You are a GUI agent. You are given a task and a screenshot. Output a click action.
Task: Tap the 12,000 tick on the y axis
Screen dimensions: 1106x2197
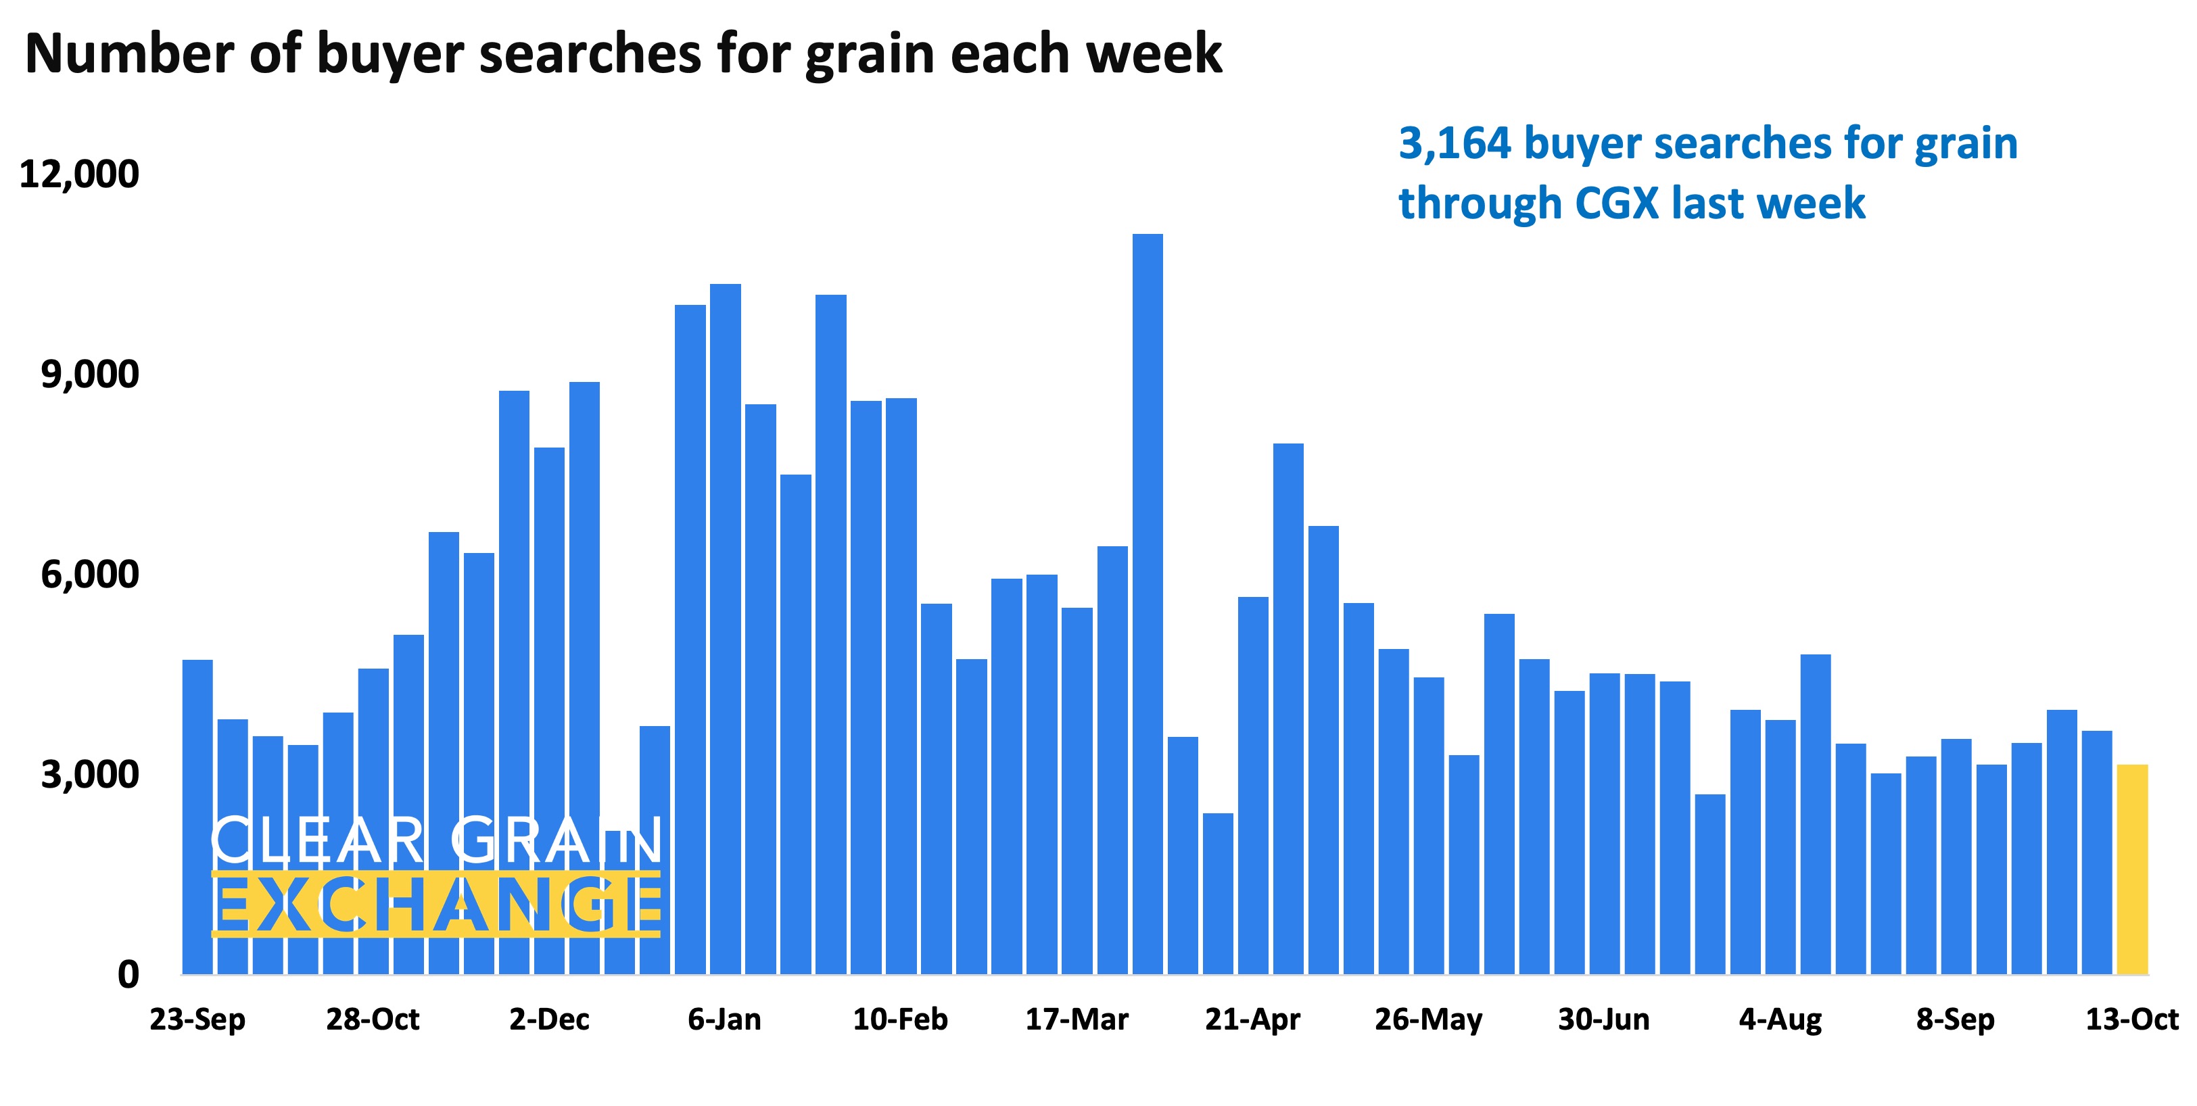(x=78, y=174)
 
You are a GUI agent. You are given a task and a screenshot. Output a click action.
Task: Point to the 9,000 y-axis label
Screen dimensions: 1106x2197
(x=89, y=375)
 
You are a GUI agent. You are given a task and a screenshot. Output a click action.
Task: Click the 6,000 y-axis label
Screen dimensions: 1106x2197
(x=89, y=575)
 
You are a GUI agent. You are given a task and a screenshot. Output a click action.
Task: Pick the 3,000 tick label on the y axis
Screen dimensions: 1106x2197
(x=89, y=774)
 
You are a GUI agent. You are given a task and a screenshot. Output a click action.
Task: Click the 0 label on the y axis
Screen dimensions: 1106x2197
(x=128, y=973)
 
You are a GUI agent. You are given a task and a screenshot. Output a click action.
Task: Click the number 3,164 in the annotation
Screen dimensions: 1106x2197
(x=1454, y=144)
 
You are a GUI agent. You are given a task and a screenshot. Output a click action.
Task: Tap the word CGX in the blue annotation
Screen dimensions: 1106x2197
(x=1616, y=203)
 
